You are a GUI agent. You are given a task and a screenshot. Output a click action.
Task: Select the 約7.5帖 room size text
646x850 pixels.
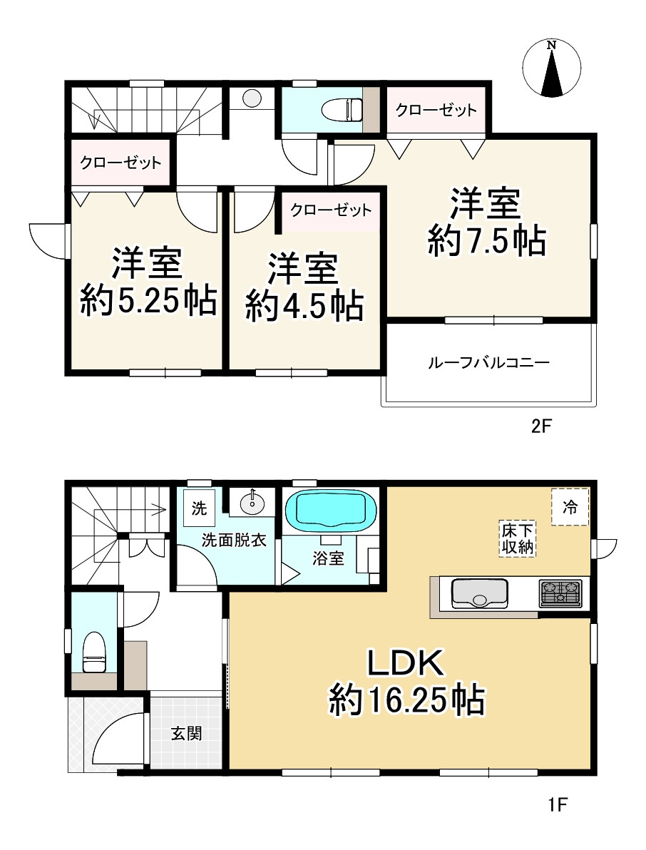coord(487,242)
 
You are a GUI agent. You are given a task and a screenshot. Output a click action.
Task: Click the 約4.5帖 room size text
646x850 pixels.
coord(304,306)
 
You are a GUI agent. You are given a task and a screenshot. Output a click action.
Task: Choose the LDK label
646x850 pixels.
coord(406,663)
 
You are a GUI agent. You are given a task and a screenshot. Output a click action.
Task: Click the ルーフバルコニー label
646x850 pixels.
coord(488,362)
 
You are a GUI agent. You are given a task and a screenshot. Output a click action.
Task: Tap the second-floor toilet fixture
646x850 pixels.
coord(342,111)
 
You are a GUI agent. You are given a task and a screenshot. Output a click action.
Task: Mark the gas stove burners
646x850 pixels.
coord(560,592)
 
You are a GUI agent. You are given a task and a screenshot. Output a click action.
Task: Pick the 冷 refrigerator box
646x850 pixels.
coord(570,506)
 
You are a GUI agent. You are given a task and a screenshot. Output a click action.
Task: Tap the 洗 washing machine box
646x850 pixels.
coord(200,508)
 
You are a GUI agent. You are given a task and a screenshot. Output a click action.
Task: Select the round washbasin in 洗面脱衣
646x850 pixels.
coord(252,503)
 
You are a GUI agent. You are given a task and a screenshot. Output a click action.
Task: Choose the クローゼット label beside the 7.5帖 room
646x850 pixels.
coord(436,111)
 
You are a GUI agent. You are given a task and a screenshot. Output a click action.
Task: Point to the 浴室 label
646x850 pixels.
coord(329,558)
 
